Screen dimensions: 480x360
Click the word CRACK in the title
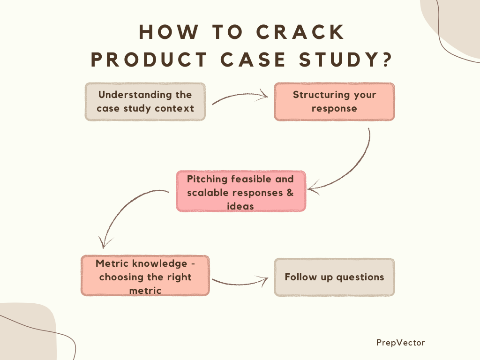pyautogui.click(x=300, y=32)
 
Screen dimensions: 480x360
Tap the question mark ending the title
pyautogui.click(x=387, y=59)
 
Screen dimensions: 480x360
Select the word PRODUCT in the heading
pyautogui.click(x=149, y=60)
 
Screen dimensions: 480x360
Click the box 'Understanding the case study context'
pyautogui.click(x=145, y=102)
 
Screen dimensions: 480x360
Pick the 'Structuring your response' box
pyautogui.click(x=334, y=102)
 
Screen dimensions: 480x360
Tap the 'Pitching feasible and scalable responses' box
pyautogui.click(x=241, y=191)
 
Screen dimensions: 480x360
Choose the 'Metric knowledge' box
pyautogui.click(x=145, y=276)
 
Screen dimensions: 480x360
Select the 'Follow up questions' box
pyautogui.click(x=334, y=277)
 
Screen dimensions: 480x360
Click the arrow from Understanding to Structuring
pyautogui.click(x=240, y=96)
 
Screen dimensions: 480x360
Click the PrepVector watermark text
pyautogui.click(x=400, y=343)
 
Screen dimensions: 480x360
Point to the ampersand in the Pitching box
pyautogui.click(x=290, y=193)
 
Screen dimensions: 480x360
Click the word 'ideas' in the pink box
pyautogui.click(x=240, y=206)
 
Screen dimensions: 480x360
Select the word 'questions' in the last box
pyautogui.click(x=360, y=277)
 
